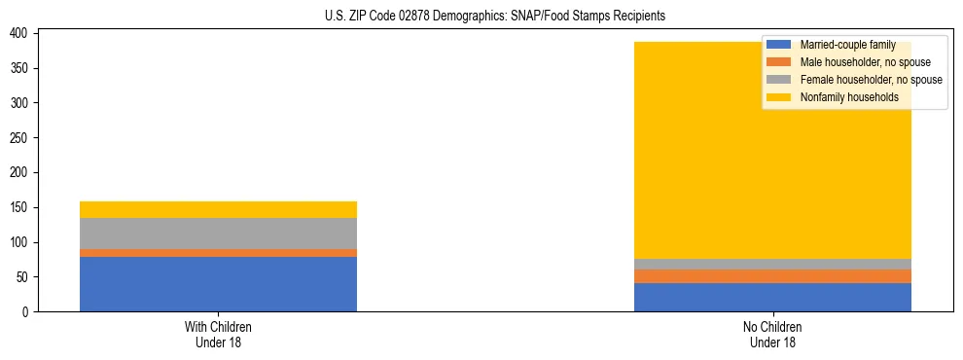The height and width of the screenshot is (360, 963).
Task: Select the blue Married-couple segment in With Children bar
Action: click(x=218, y=284)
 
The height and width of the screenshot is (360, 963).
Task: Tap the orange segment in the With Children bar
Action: click(x=218, y=253)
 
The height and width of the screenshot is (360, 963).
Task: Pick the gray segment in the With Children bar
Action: click(x=218, y=234)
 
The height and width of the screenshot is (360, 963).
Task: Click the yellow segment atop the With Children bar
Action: click(x=218, y=209)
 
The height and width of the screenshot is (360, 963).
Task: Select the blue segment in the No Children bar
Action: click(x=772, y=297)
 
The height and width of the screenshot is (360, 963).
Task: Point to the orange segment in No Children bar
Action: click(x=772, y=276)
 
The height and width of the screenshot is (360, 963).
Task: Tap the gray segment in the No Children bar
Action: click(x=772, y=264)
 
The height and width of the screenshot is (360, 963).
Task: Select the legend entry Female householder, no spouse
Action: click(x=871, y=80)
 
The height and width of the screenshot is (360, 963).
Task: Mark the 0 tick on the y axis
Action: click(x=28, y=312)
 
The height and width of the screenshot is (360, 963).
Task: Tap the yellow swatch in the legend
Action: click(x=779, y=97)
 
